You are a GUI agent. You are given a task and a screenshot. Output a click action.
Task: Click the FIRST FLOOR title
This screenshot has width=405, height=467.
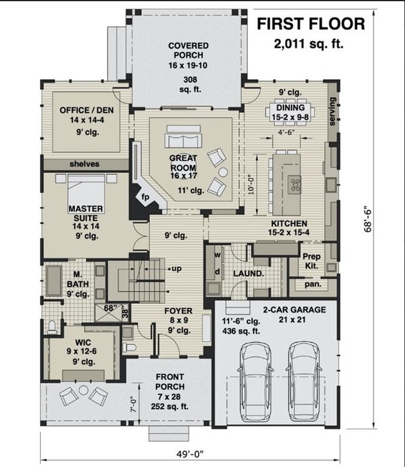click(x=311, y=24)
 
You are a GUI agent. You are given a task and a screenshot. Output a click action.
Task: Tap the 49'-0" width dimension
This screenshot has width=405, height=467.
click(x=190, y=454)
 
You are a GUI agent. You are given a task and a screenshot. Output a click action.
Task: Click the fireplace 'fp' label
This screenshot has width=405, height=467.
click(x=145, y=197)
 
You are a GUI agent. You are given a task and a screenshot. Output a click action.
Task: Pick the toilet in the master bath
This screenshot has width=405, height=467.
click(x=52, y=327)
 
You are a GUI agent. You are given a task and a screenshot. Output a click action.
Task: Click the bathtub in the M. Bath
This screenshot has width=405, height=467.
click(x=54, y=281)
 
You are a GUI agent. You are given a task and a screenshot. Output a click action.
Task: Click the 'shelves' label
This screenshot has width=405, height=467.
click(x=84, y=164)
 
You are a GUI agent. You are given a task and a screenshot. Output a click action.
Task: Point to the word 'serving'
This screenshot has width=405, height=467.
click(x=333, y=111)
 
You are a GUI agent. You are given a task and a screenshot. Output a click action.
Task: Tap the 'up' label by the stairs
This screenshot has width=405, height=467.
click(x=176, y=268)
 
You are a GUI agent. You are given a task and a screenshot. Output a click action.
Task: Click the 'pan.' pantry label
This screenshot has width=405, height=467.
click(x=313, y=284)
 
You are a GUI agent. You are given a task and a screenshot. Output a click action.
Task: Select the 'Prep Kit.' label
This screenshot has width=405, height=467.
click(x=312, y=261)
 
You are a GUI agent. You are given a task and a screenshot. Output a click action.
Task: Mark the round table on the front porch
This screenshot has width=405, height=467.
click(x=83, y=390)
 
